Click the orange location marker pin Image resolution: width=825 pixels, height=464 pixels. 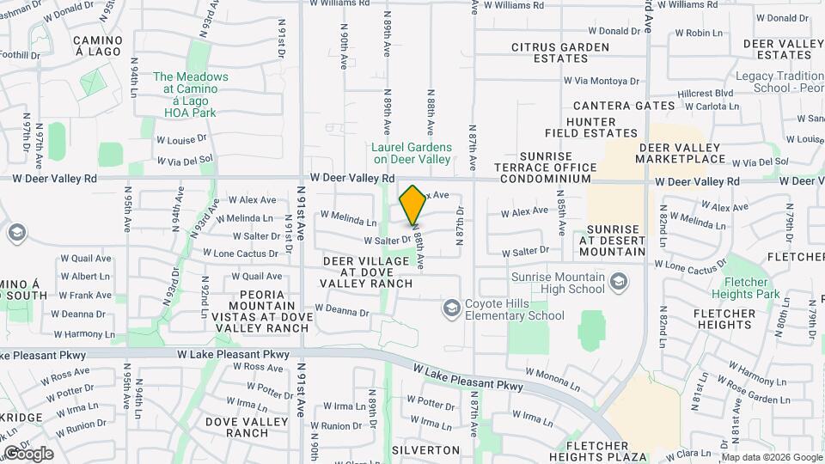tap(413, 205)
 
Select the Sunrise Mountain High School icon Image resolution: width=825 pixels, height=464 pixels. tap(618, 282)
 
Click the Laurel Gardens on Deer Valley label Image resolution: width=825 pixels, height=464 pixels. tap(411, 153)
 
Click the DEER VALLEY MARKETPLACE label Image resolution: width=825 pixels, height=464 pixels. tap(681, 153)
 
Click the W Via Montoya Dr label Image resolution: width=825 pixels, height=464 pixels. tap(602, 81)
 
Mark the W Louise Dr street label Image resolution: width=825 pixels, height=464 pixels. tap(181, 137)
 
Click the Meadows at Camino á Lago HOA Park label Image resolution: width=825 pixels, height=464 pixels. tap(191, 95)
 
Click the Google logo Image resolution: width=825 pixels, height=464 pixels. tap(29, 454)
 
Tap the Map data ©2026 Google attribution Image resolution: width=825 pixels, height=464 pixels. tap(771, 457)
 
